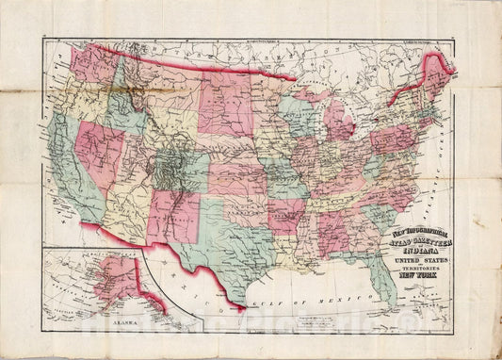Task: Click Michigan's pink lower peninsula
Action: tap(338, 123)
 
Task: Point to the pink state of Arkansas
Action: tap(286, 215)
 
